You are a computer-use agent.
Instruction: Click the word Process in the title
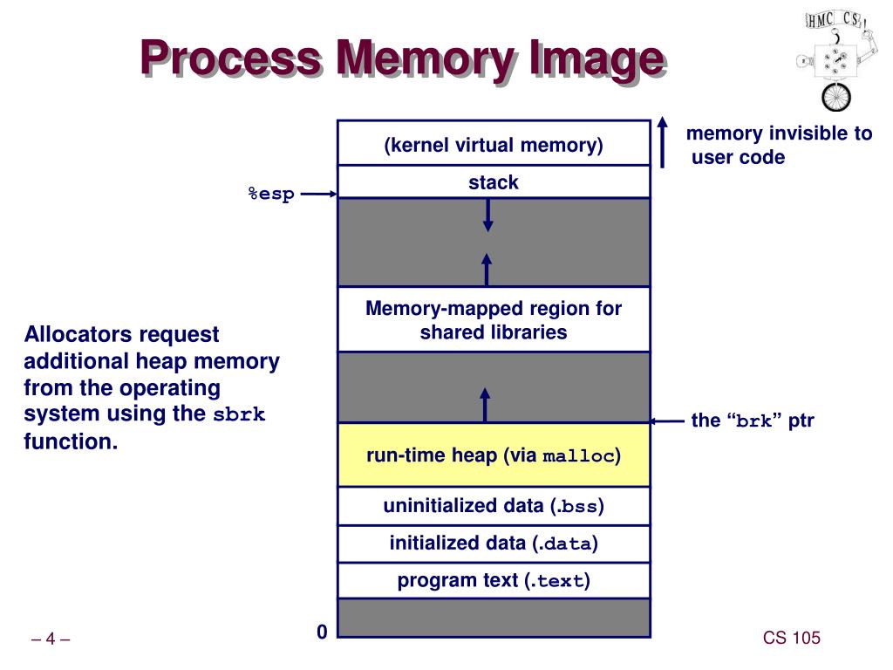231,58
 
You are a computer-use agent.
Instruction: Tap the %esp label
271,194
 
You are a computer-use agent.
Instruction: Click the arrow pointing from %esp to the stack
319,194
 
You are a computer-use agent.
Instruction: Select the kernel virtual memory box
494,143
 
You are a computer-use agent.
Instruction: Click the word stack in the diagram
494,182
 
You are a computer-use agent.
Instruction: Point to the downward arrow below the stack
487,215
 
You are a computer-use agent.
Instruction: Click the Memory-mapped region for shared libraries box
494,319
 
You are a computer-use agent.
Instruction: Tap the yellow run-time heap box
494,455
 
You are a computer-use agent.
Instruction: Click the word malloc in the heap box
579,456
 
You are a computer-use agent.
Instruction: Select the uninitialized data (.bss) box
494,506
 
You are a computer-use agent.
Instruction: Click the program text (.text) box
494,580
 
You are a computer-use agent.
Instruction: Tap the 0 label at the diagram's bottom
322,632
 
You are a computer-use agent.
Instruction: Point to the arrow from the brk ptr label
667,421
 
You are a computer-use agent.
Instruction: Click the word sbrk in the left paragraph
239,414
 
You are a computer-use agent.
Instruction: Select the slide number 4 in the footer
50,639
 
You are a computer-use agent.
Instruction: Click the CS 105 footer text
792,638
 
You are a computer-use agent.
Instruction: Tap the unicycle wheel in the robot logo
836,97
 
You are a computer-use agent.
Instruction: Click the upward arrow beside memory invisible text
663,142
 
